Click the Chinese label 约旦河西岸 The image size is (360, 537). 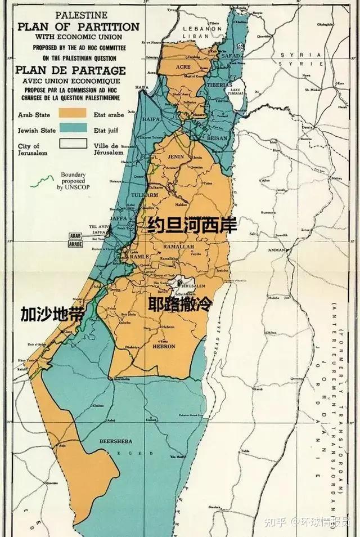192,225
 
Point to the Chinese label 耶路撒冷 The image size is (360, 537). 181,305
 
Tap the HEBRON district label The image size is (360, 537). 164,346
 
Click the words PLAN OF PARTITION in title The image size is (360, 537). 79,26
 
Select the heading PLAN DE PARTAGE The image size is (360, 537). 71,70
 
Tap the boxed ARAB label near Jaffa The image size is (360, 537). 75,236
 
